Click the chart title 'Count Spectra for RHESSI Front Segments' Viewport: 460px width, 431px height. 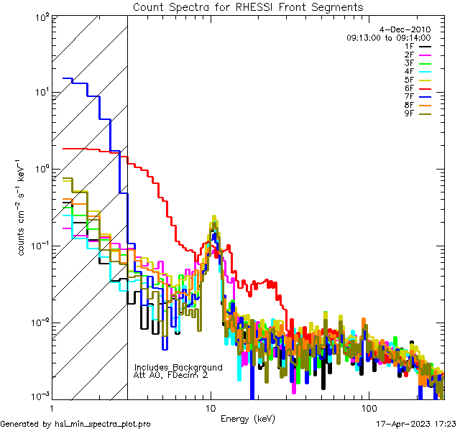248,7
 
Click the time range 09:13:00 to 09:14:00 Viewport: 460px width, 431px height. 388,37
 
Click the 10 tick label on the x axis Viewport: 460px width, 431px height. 210,408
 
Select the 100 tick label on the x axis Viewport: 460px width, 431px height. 368,408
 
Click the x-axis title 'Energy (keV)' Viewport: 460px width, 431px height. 248,418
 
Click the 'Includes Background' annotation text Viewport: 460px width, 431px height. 178,367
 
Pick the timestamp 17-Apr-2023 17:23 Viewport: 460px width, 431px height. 415,424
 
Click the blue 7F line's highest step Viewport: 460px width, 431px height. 68,78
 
